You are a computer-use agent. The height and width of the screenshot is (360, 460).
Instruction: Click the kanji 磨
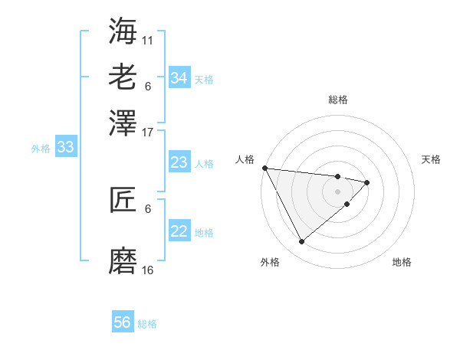tap(123, 260)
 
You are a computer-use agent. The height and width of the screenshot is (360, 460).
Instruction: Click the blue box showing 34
tap(179, 78)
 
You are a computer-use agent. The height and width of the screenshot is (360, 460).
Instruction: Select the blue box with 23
tap(179, 162)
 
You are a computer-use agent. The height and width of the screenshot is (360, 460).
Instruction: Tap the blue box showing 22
tap(179, 231)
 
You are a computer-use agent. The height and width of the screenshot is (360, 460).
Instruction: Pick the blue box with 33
tap(65, 148)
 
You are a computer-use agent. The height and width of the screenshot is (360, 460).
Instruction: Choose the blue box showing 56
tap(123, 322)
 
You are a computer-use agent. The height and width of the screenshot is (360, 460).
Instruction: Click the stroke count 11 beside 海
tap(148, 39)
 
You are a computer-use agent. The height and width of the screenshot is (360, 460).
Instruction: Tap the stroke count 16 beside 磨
tap(148, 270)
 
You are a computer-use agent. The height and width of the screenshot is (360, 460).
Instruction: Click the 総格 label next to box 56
tap(147, 324)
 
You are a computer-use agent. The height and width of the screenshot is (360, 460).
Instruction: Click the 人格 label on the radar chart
tap(245, 159)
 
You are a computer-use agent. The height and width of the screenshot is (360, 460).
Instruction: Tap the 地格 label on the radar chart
tap(402, 262)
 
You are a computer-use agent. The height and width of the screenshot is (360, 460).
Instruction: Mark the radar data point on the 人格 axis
tap(264, 168)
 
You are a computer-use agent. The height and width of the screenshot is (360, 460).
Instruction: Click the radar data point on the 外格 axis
tap(301, 242)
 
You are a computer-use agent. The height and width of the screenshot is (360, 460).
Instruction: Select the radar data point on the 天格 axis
tap(367, 182)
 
